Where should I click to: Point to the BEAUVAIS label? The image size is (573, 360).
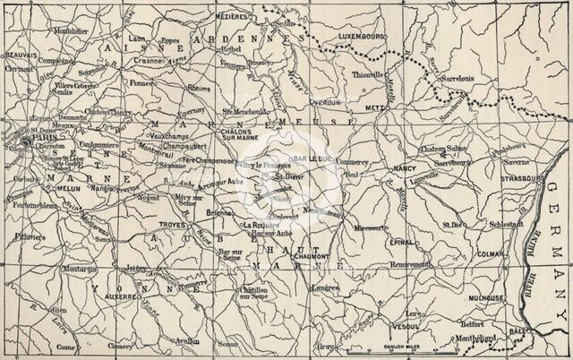[x=21, y=55]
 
